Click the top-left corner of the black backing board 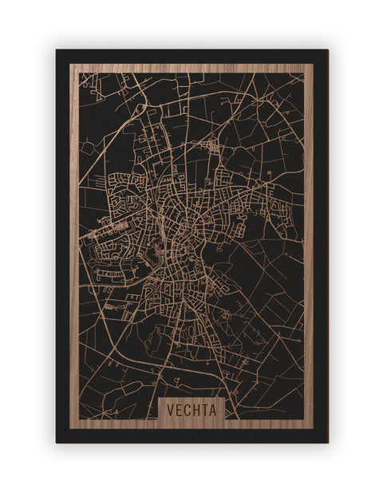pyautogui.click(x=57, y=50)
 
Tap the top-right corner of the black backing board pyautogui.click(x=327, y=50)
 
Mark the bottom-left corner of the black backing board pyautogui.click(x=57, y=442)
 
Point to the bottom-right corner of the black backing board pyautogui.click(x=327, y=442)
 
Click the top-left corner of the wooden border pyautogui.click(x=73, y=66)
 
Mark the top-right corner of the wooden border pyautogui.click(x=310, y=66)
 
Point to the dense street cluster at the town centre pyautogui.click(x=176, y=231)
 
